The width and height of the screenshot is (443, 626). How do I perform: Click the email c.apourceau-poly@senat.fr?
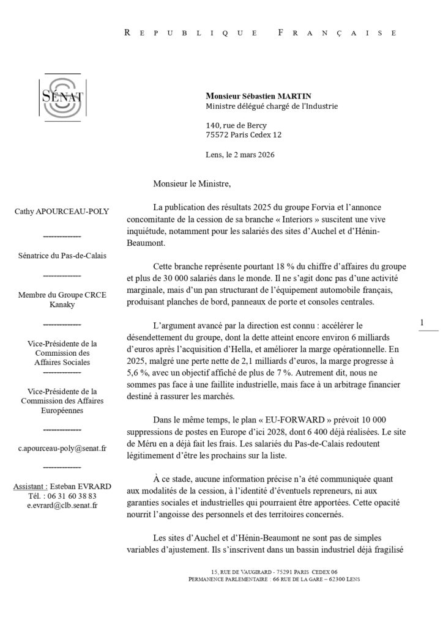(62, 448)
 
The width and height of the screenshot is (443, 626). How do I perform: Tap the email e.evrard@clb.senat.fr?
(62, 506)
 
